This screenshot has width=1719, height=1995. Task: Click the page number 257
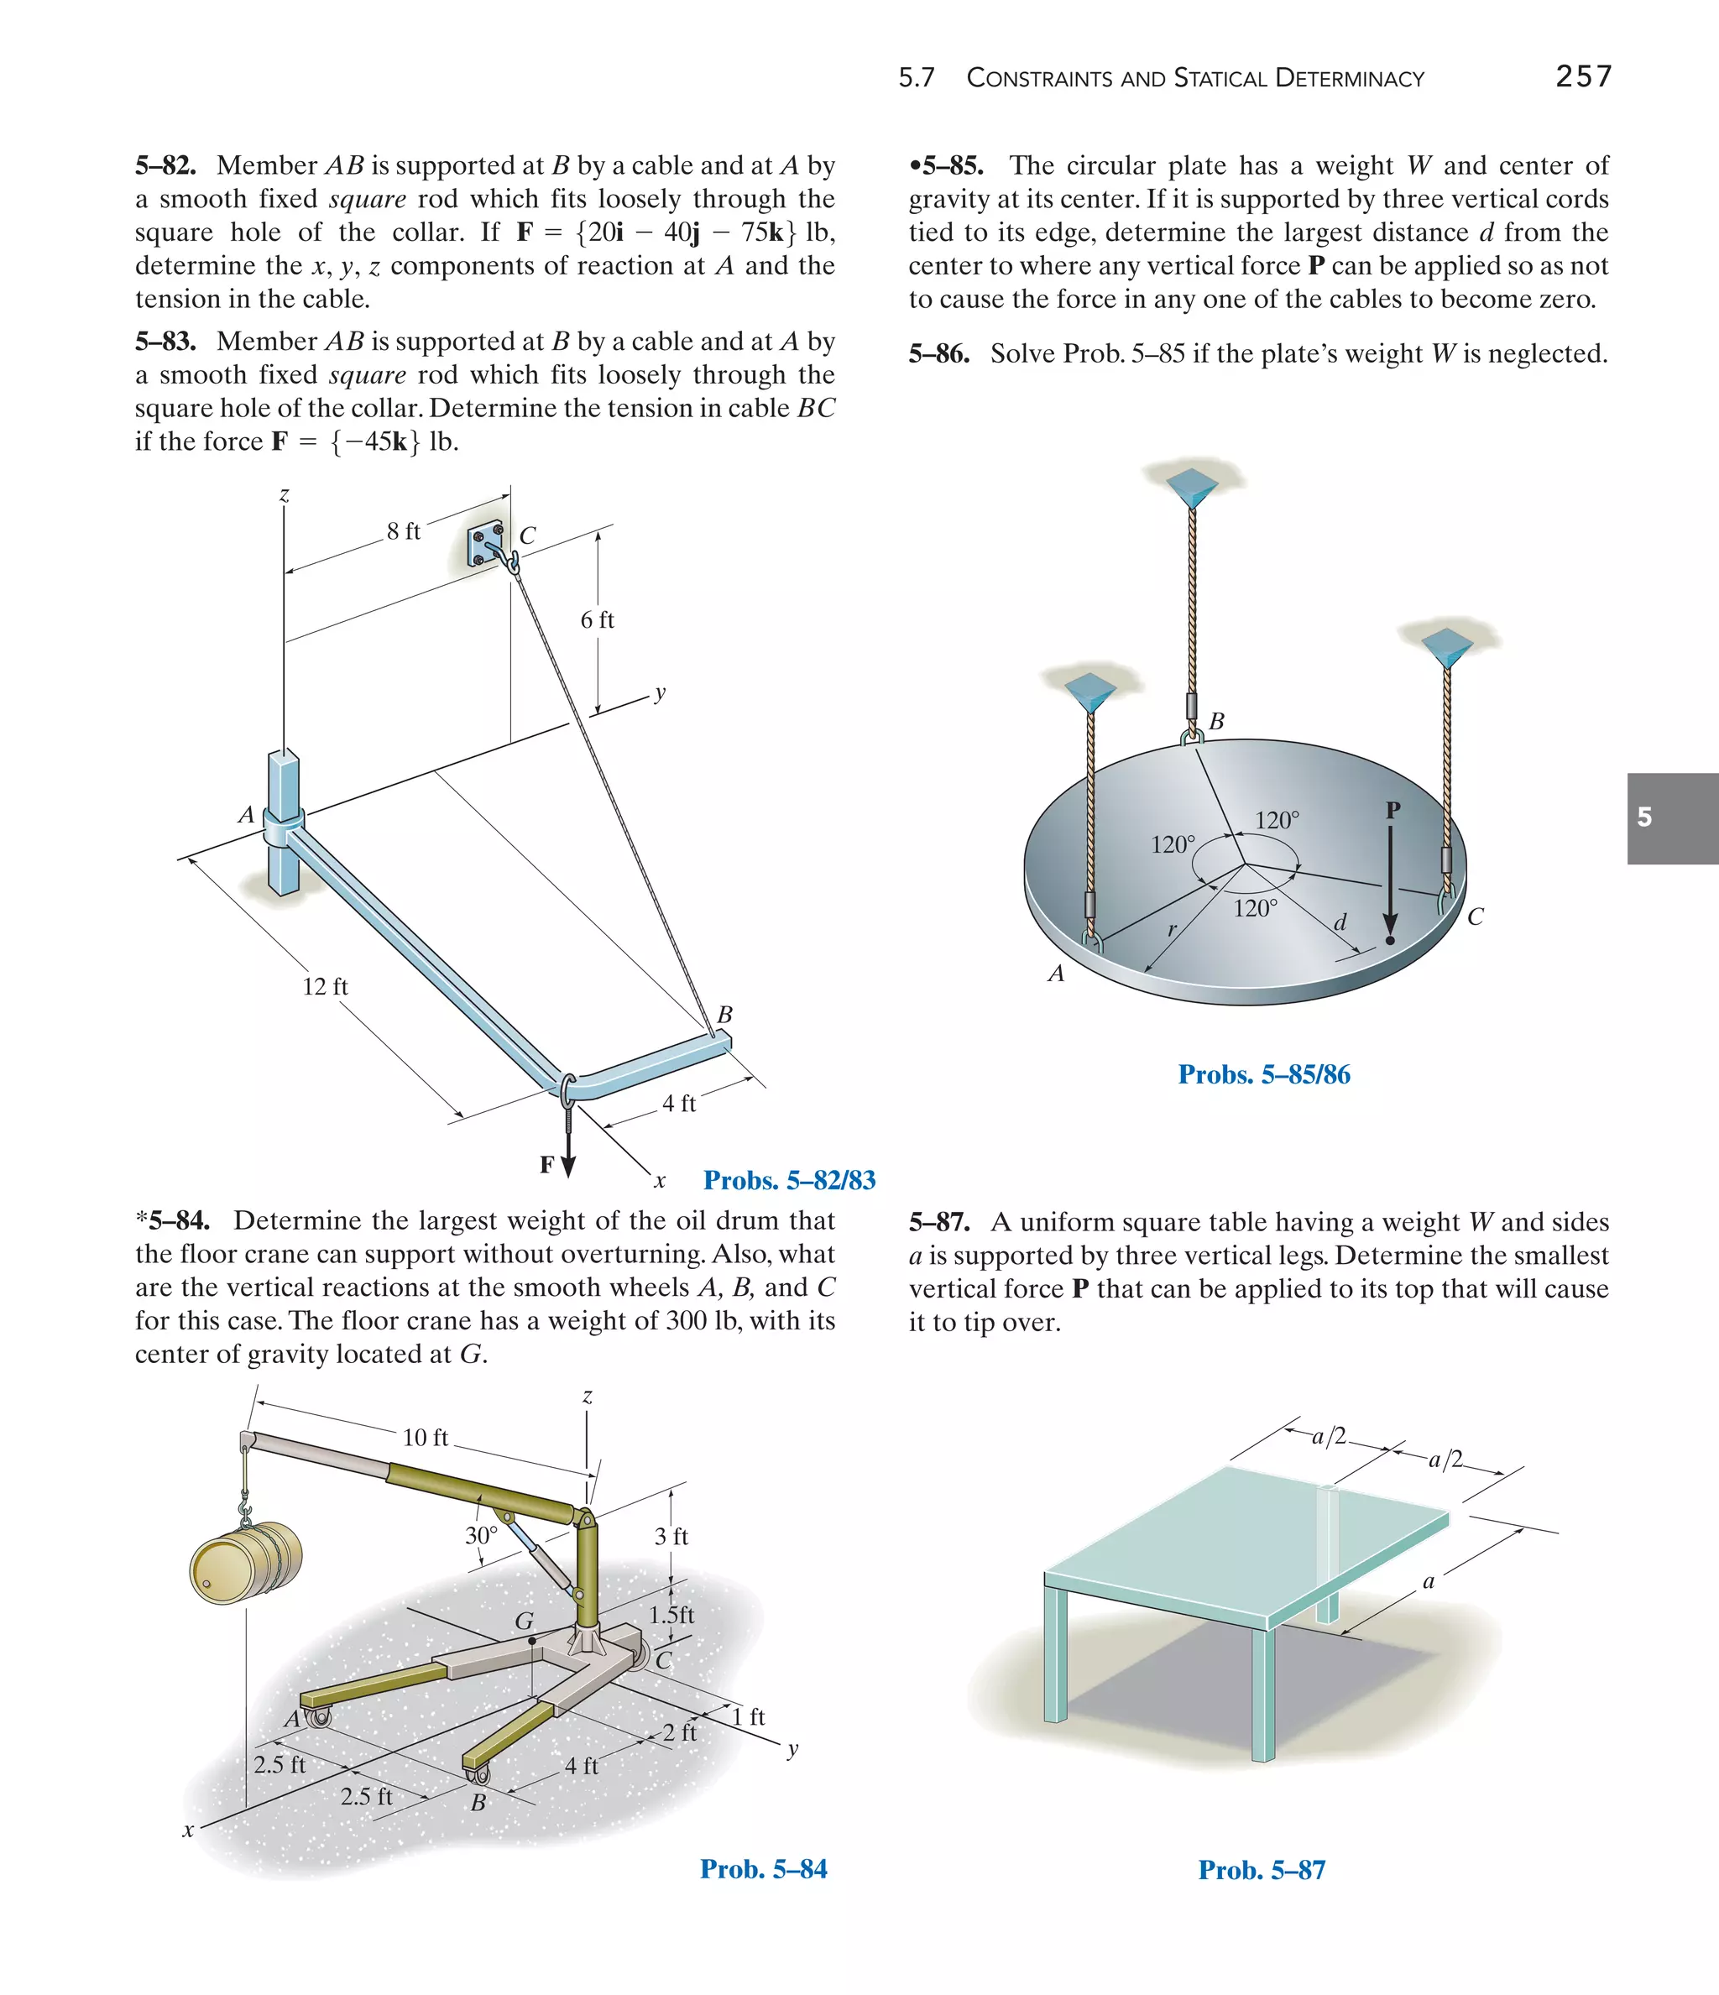(x=1583, y=76)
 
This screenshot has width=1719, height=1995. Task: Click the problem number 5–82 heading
(x=165, y=165)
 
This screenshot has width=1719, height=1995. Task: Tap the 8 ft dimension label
(x=404, y=531)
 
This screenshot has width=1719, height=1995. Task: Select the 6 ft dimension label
(x=597, y=620)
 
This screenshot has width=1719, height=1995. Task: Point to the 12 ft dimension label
(x=326, y=986)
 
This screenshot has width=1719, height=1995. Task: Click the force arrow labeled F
(x=568, y=1151)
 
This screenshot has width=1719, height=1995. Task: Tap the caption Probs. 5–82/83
(x=789, y=1180)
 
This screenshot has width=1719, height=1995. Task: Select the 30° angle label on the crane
(x=482, y=1536)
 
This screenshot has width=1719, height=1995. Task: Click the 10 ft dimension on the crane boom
(x=425, y=1438)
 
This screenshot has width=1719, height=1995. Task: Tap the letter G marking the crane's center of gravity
(x=524, y=1622)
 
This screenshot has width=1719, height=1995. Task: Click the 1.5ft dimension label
(x=671, y=1615)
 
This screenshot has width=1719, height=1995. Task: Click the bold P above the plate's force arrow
(x=1392, y=811)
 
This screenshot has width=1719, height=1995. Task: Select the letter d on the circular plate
(x=1340, y=923)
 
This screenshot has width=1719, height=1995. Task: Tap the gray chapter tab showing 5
(x=1672, y=817)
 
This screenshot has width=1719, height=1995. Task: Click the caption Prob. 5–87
(x=1262, y=1870)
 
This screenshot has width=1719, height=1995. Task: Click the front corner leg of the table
(x=1262, y=1695)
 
